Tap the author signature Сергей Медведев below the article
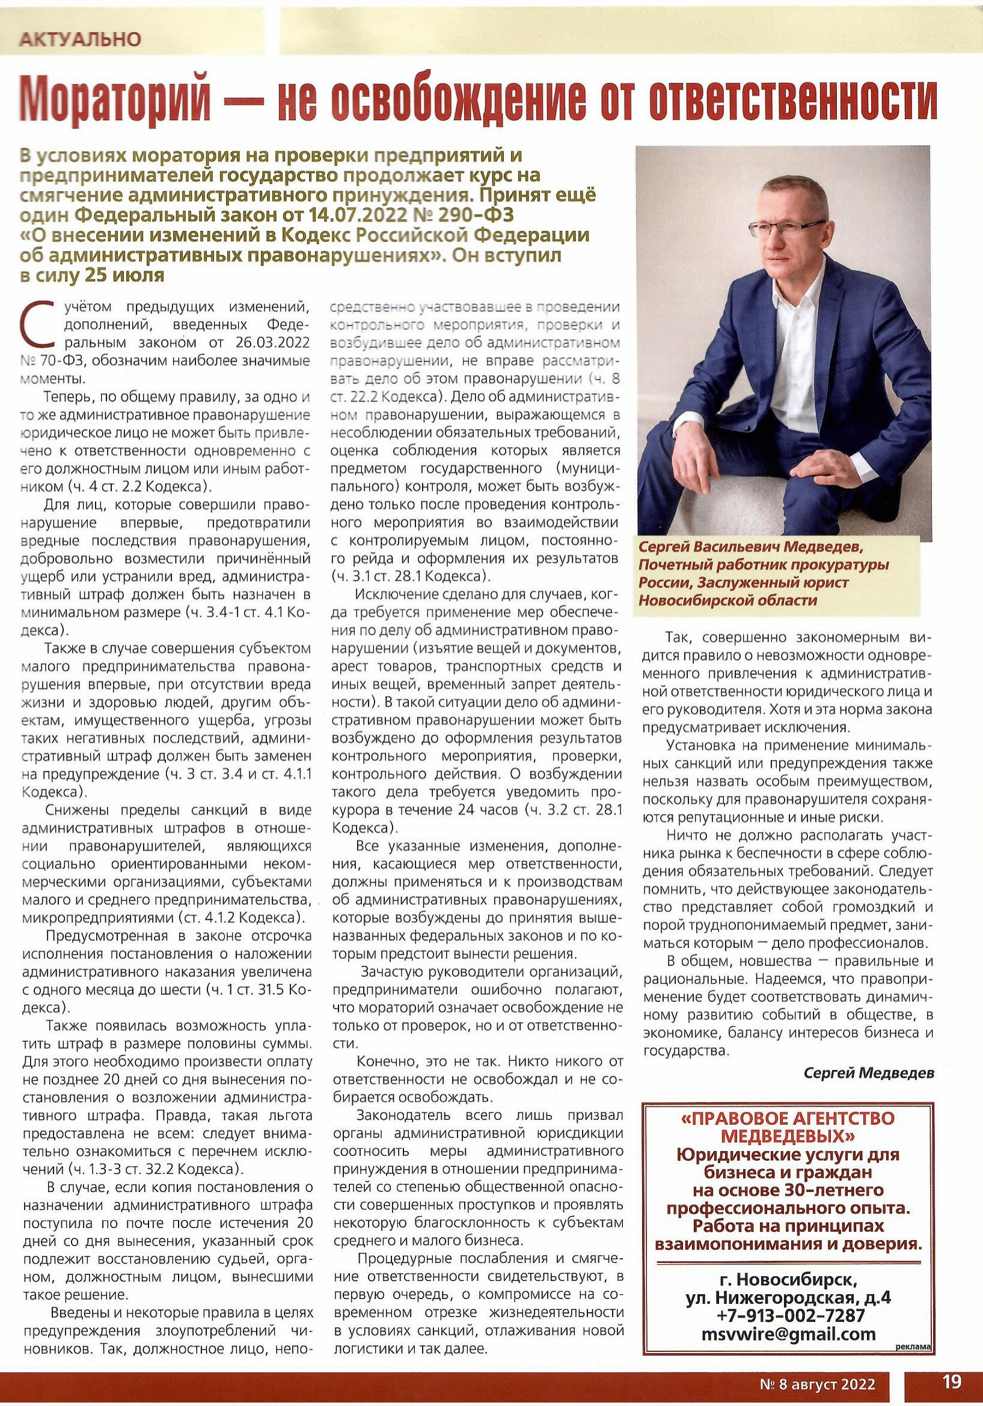click(869, 1089)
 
